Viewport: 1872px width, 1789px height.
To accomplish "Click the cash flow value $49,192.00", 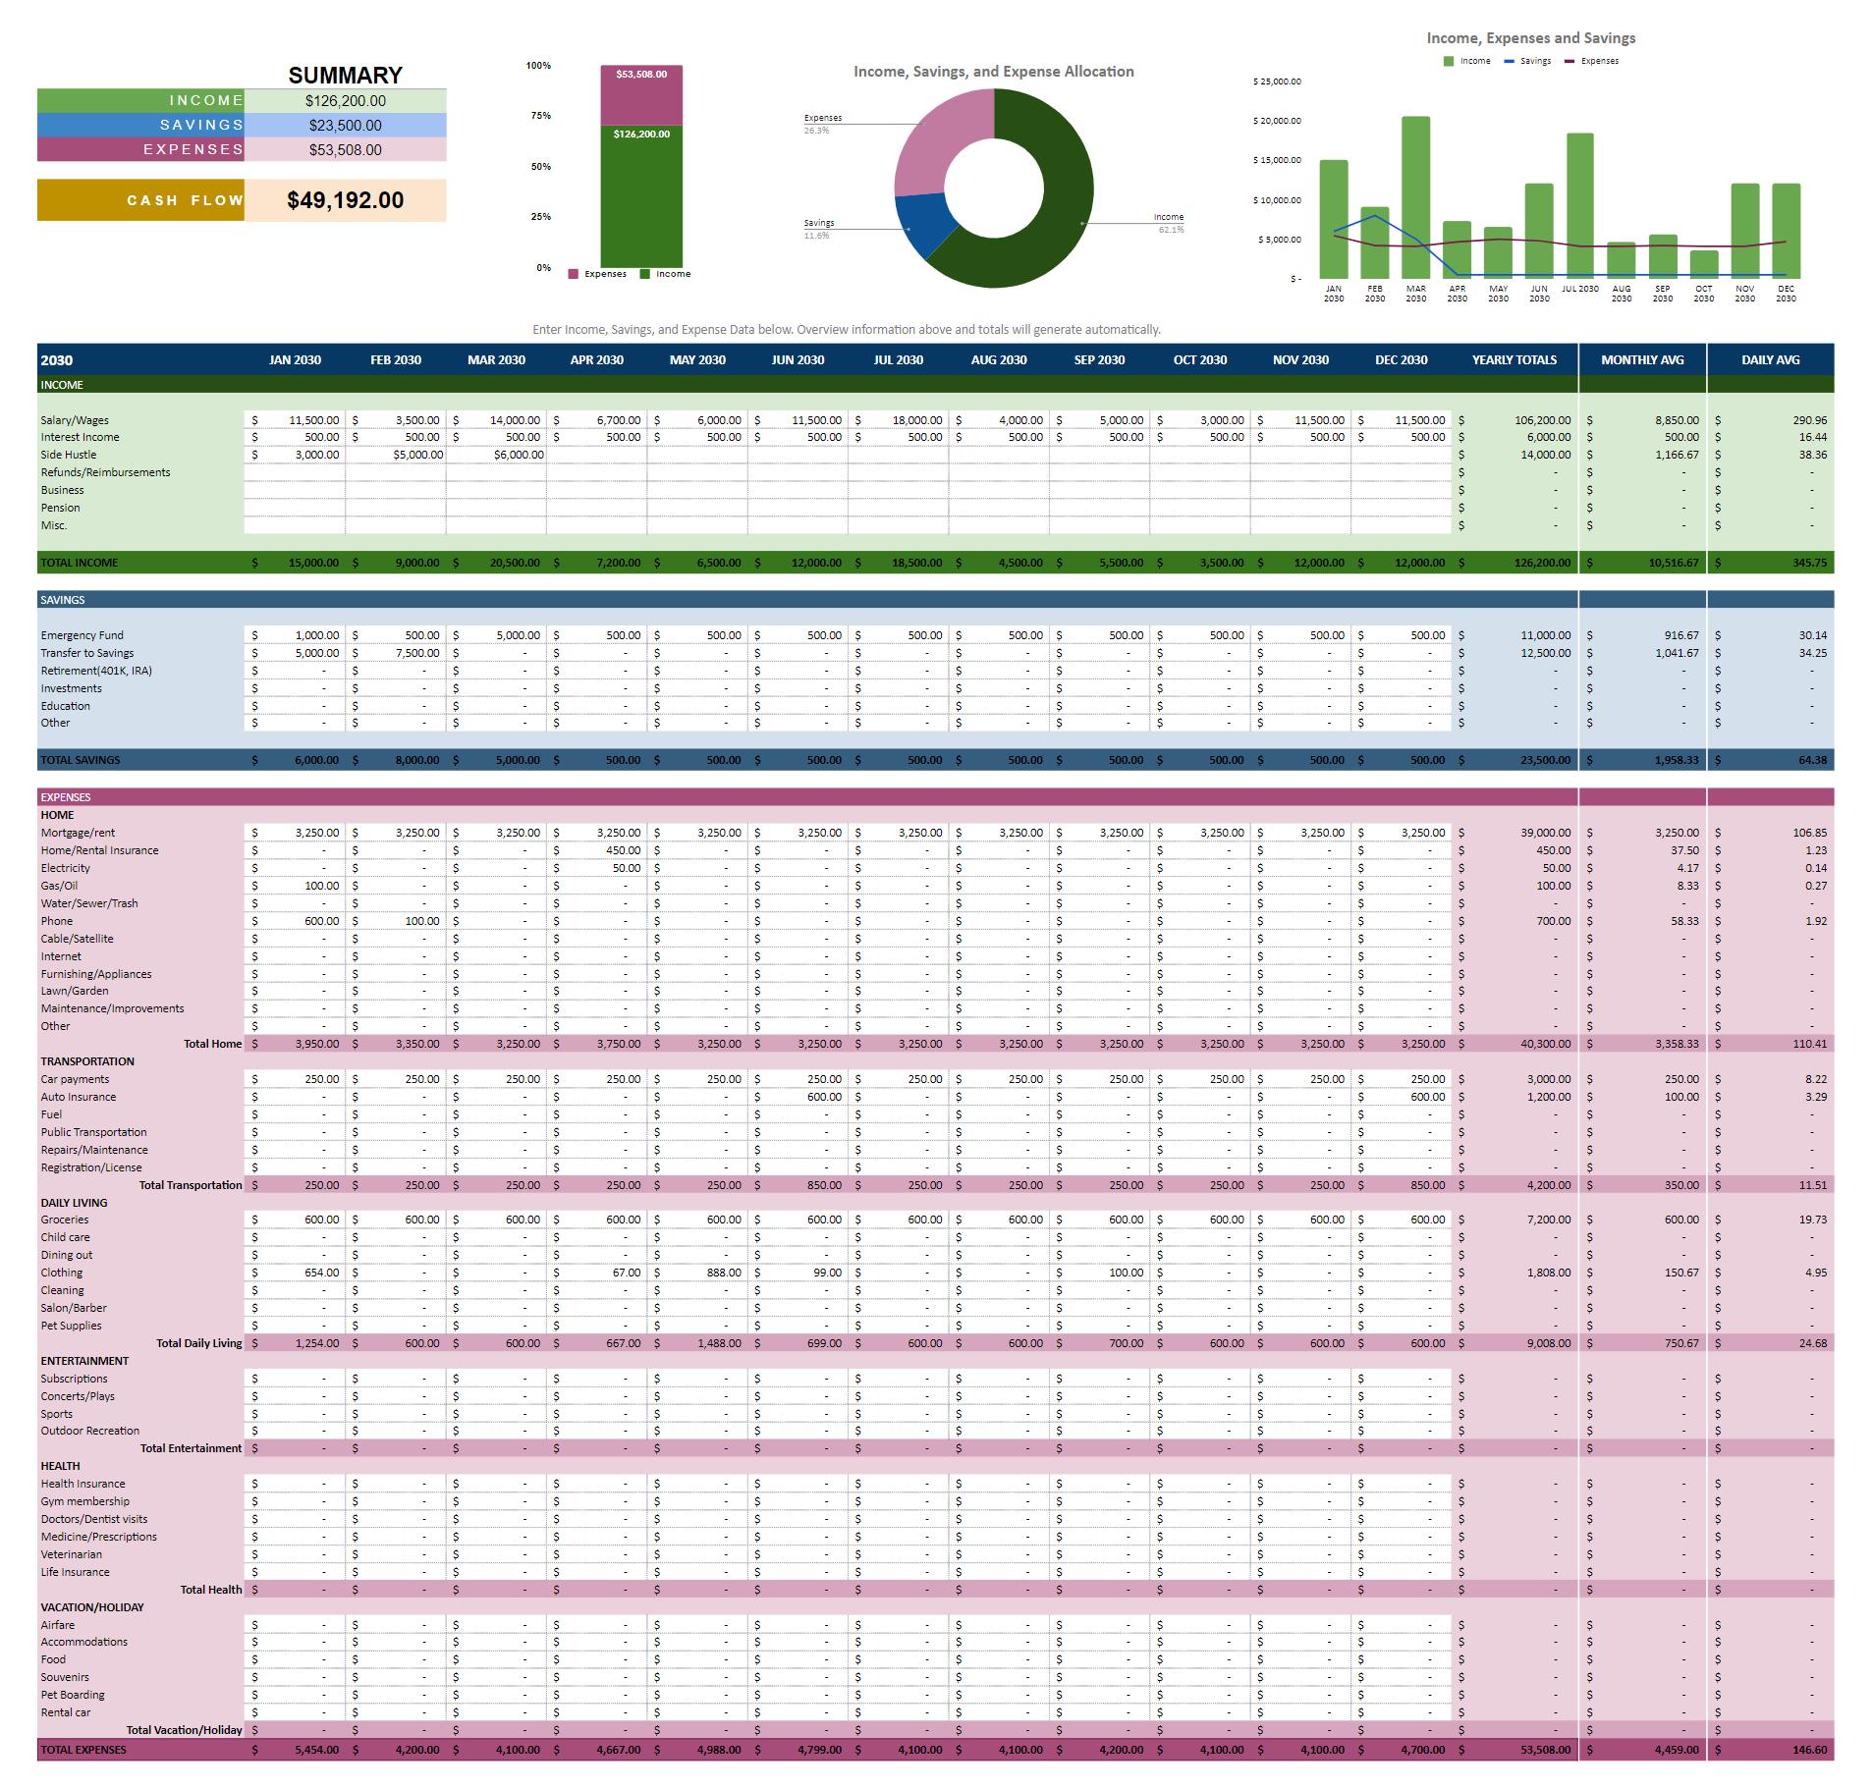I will (x=345, y=200).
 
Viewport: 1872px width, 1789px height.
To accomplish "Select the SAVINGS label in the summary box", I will (x=201, y=125).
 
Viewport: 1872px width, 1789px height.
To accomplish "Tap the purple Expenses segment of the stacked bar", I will (x=641, y=96).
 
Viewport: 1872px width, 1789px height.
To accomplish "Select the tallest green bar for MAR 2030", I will (x=1415, y=196).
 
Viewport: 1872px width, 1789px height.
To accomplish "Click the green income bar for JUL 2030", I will (x=1579, y=206).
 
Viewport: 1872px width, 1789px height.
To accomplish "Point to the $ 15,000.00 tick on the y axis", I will (x=1277, y=160).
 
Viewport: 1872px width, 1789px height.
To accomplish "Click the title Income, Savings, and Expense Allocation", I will (x=993, y=72).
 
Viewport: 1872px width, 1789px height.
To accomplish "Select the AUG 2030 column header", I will (x=998, y=360).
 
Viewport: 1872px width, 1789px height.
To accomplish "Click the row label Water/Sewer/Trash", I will (x=89, y=903).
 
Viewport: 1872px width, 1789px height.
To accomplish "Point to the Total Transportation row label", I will (x=191, y=1185).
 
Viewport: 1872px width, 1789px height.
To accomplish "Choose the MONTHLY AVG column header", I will (x=1641, y=360).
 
